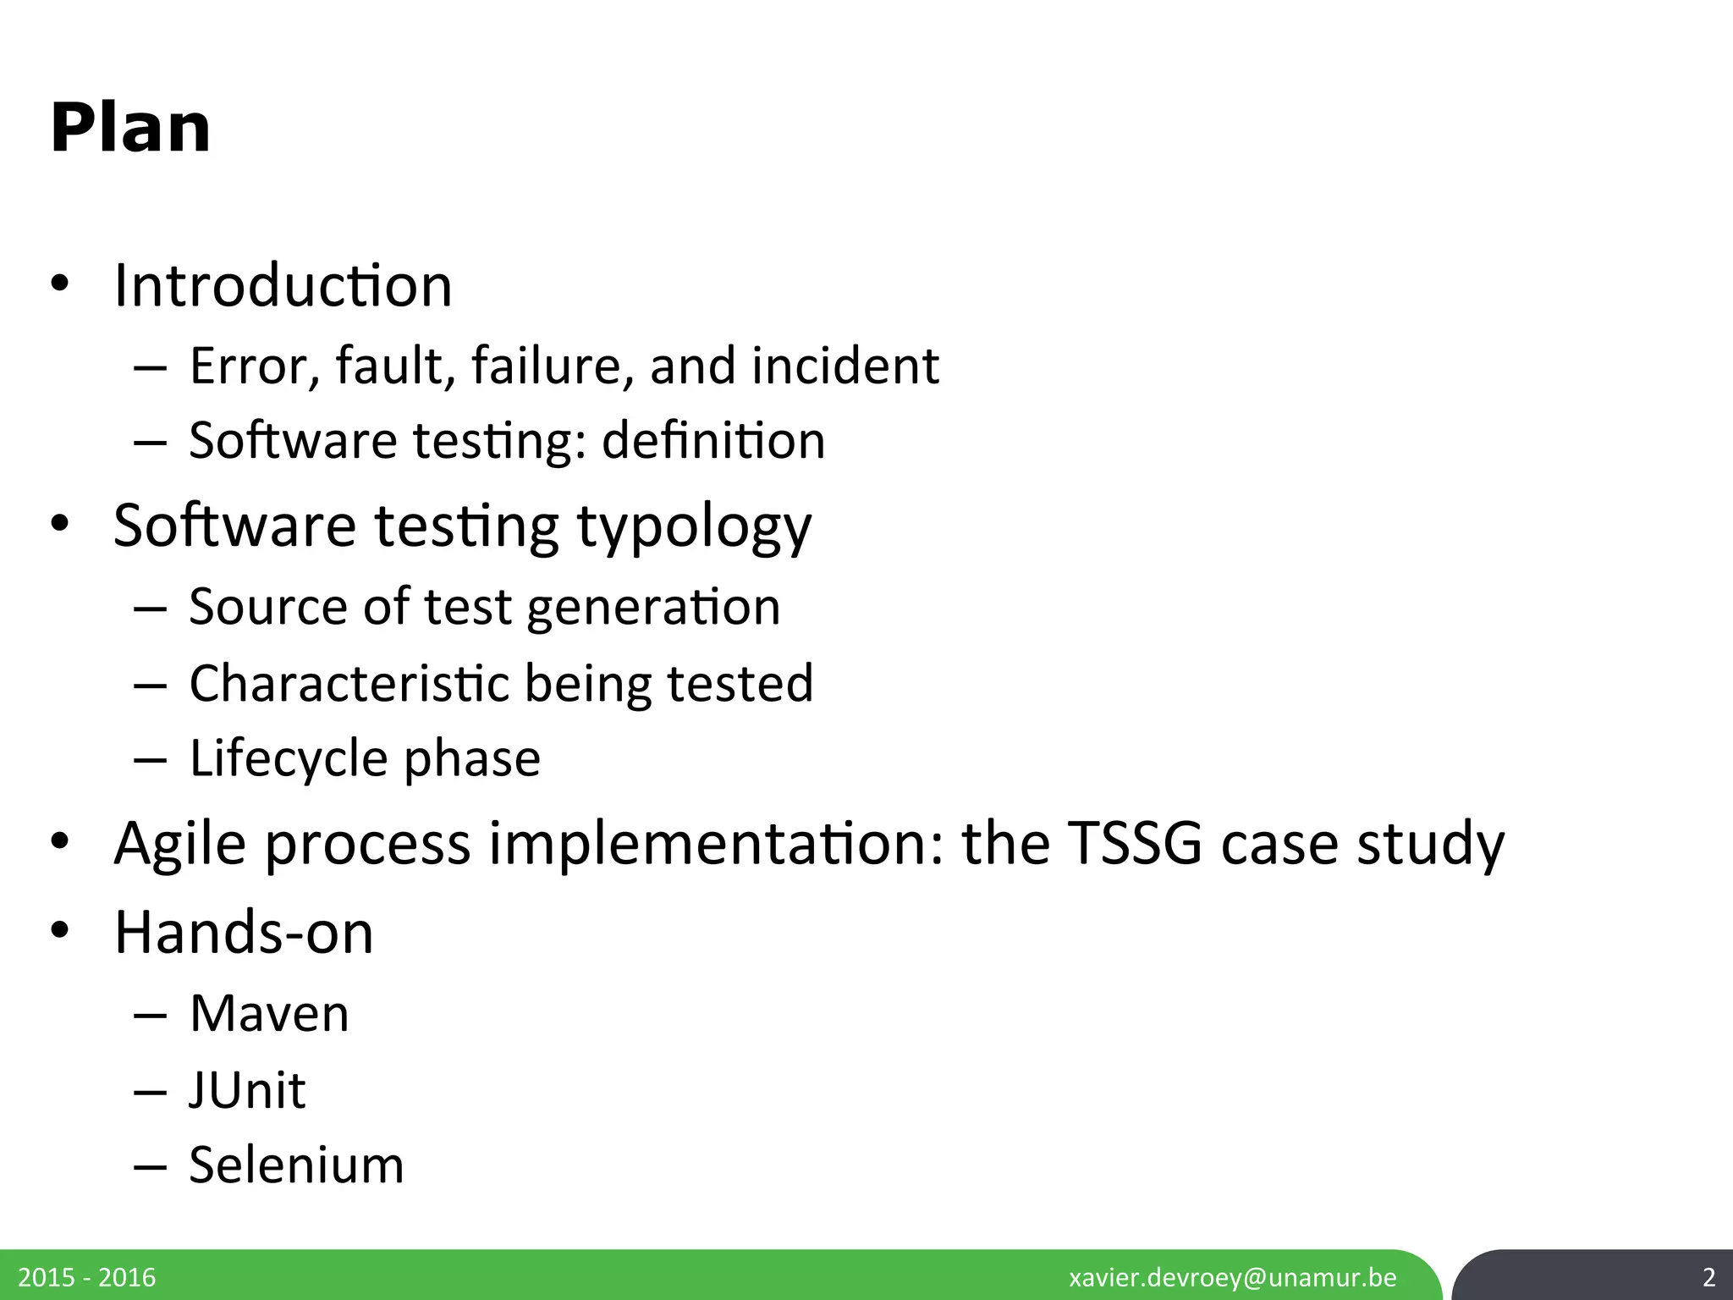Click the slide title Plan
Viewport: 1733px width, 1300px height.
tap(130, 129)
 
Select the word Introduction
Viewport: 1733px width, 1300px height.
tap(283, 285)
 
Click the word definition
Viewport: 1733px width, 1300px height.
tap(713, 441)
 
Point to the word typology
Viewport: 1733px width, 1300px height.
tap(694, 526)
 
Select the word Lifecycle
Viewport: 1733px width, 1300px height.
tap(285, 757)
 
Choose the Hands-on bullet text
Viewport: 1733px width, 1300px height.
tap(244, 933)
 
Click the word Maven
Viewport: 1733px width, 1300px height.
tap(269, 1013)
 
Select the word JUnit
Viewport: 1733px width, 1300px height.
tap(247, 1090)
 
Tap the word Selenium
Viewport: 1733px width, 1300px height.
tap(296, 1165)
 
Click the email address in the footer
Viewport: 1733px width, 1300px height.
tap(1233, 1277)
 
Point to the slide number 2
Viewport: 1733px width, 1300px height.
tap(1708, 1277)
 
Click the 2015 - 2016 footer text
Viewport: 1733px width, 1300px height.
tap(87, 1277)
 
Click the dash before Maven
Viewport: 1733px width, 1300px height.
tap(150, 1015)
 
